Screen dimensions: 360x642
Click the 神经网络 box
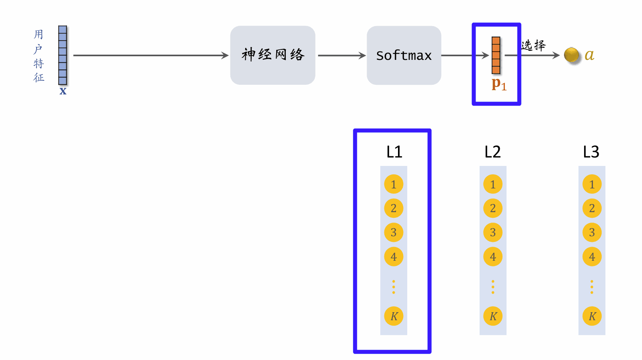click(273, 55)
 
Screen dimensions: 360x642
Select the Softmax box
click(404, 55)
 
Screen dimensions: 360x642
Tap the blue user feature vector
click(63, 55)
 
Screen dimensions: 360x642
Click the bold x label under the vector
click(63, 91)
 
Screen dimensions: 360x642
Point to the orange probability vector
click(496, 55)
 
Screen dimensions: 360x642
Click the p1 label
click(499, 84)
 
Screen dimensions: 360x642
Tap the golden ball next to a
click(571, 55)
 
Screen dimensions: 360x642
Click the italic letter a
click(589, 55)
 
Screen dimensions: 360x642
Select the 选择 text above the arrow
click(533, 45)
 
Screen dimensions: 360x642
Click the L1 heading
click(394, 152)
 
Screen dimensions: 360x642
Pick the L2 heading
click(492, 152)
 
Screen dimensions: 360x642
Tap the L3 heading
click(591, 152)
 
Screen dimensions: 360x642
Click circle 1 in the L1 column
click(394, 184)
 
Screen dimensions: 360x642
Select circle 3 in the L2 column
click(493, 232)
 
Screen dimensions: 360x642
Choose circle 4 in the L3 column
click(592, 257)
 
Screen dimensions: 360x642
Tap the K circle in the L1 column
click(394, 316)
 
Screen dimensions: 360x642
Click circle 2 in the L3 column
click(592, 208)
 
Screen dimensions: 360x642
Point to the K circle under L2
click(493, 316)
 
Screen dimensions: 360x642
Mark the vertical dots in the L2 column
click(493, 287)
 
